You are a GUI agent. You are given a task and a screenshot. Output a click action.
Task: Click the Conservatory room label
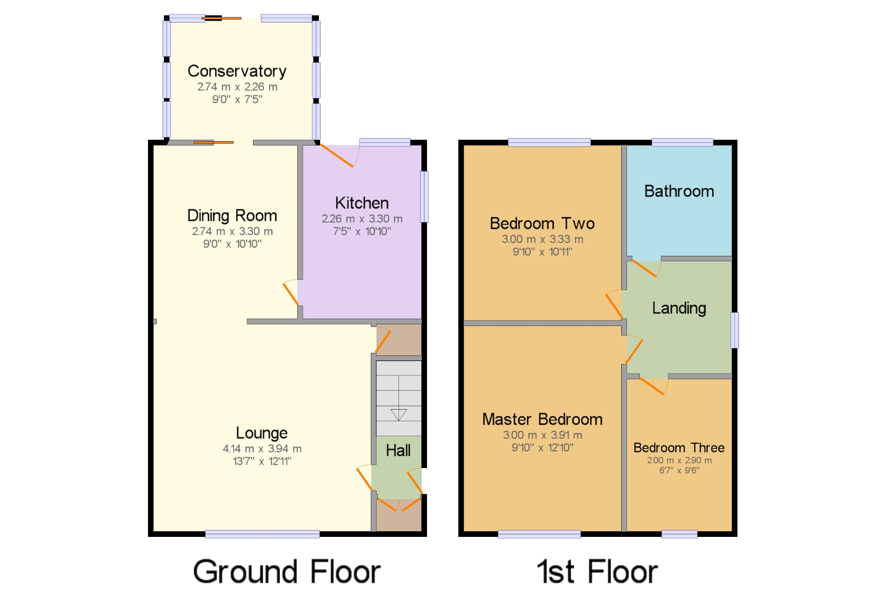tap(237, 71)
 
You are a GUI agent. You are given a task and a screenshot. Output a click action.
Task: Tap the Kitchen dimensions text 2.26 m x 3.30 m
tap(362, 219)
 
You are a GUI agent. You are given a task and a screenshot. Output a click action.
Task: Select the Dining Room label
tap(232, 216)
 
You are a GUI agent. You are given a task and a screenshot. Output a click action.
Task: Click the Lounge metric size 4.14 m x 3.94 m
tap(262, 449)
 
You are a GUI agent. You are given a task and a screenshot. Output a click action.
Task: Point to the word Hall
tap(398, 451)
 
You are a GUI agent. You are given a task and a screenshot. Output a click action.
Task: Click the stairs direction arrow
tap(398, 414)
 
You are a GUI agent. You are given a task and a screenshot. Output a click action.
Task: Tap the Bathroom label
tap(679, 191)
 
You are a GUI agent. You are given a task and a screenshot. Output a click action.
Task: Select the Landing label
tap(679, 308)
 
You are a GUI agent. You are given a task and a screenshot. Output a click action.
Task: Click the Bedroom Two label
tap(542, 224)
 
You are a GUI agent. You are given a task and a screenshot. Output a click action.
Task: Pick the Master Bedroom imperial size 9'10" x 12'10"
tap(542, 448)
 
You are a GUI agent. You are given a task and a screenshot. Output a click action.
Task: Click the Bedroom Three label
tap(679, 448)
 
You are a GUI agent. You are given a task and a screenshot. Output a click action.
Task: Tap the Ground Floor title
tap(286, 572)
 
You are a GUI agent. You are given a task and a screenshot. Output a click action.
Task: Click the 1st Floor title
tap(597, 572)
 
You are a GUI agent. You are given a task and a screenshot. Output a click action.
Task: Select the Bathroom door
tap(645, 268)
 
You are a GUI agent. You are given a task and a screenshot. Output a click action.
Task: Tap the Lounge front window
tap(262, 534)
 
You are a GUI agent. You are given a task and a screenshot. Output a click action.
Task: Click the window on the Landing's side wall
tap(735, 330)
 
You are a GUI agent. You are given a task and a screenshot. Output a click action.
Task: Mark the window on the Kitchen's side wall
tap(424, 197)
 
